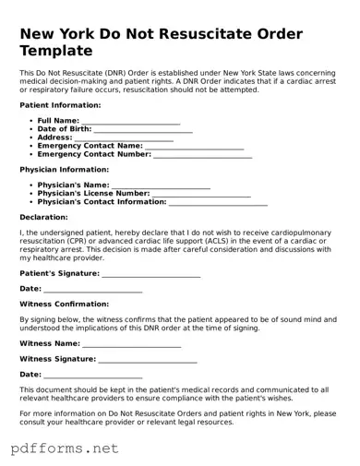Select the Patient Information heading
[60, 106]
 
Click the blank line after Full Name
[131, 122]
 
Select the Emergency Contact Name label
[90, 146]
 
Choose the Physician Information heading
[64, 170]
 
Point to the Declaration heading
[43, 217]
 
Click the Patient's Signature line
[151, 275]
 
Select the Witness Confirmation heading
[64, 304]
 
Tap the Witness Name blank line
[132, 344]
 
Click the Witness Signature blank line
[148, 359]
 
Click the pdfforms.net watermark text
[65, 448]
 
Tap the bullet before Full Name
[31, 121]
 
